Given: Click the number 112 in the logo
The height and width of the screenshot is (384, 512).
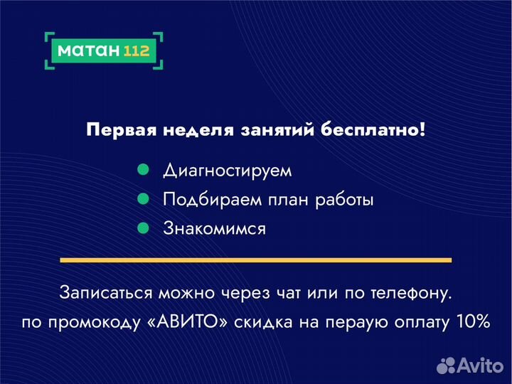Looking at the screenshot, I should click(x=136, y=50).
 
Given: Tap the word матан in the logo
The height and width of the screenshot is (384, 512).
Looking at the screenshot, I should click(x=89, y=50).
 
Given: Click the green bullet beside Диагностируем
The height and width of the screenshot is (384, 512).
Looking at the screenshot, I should click(x=142, y=171).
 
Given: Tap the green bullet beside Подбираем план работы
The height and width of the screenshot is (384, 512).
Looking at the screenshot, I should click(x=142, y=200).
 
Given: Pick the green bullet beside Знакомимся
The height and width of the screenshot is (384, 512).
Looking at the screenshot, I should click(x=142, y=228).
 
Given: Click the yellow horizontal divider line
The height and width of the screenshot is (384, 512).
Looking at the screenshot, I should click(x=255, y=260).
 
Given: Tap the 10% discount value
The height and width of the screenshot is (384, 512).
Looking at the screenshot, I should click(x=473, y=321).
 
